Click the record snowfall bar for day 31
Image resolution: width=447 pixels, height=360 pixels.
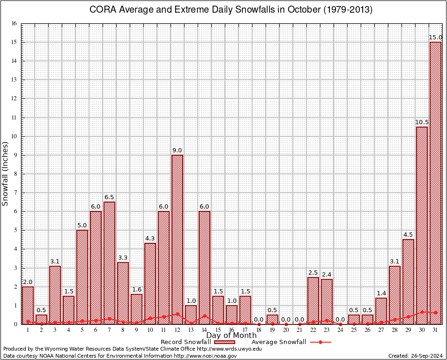435,183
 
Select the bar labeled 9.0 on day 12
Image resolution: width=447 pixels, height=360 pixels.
177,239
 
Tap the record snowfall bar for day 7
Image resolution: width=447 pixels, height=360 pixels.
109,262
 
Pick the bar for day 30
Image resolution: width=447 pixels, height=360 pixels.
422,225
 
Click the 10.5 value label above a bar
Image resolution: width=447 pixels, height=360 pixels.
422,122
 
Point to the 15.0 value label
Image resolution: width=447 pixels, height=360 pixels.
435,37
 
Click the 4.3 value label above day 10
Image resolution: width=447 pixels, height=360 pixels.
150,239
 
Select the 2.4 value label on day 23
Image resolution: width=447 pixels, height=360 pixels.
327,274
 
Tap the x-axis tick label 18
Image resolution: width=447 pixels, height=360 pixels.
259,330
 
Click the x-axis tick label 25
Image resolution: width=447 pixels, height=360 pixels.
354,330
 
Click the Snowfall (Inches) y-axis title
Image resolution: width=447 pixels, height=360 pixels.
6,173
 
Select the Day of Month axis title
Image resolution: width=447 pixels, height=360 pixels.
231,336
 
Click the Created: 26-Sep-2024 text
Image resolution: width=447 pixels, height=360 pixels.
416,356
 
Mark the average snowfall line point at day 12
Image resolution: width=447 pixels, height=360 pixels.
177,314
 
